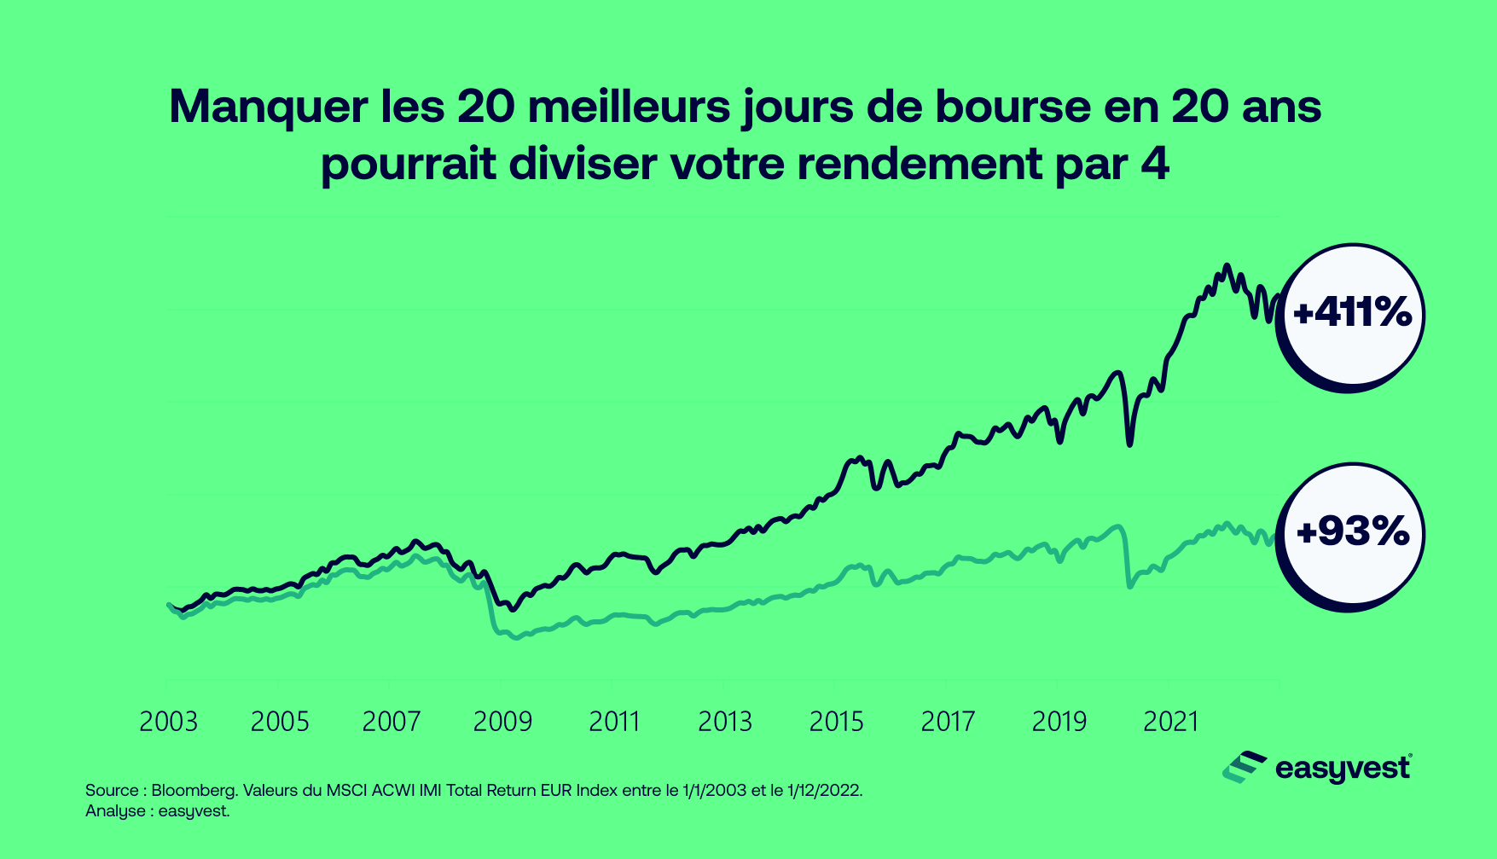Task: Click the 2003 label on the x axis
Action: [168, 723]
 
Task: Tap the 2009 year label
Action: [502, 723]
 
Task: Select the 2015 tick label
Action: [836, 723]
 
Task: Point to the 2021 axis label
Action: [1170, 723]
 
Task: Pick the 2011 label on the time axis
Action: [614, 723]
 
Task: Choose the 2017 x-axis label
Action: [948, 723]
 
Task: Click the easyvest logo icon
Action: [1244, 767]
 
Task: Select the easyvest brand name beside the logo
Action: [1343, 769]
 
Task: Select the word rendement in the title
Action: [920, 164]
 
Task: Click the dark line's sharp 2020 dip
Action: [1130, 443]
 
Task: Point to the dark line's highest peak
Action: [1227, 266]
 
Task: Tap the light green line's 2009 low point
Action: [516, 637]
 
